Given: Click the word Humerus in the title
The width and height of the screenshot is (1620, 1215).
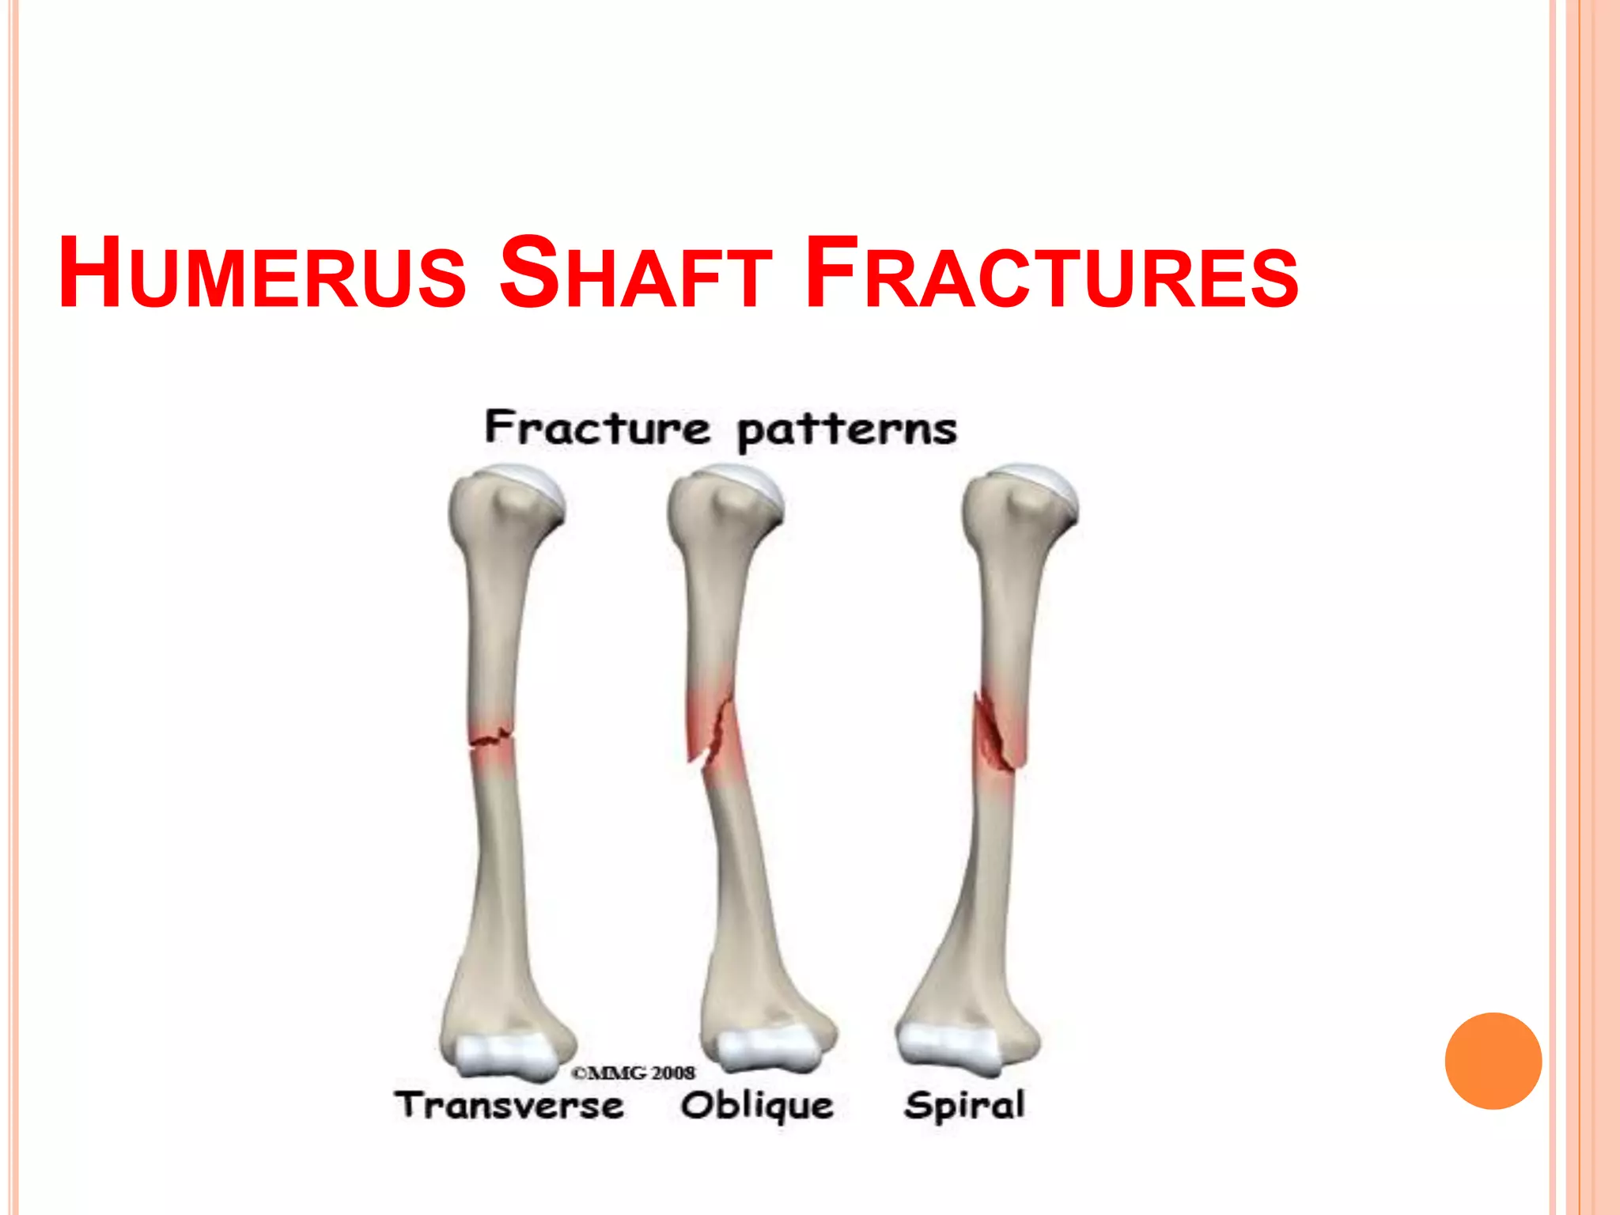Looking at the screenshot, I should [x=262, y=273].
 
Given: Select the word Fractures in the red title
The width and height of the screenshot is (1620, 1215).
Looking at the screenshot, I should [x=1051, y=273].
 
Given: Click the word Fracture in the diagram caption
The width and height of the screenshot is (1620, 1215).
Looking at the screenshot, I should [x=597, y=428].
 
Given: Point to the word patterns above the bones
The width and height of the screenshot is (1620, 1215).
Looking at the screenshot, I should [x=846, y=431].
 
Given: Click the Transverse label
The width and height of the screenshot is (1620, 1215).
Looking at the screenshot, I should [x=509, y=1105].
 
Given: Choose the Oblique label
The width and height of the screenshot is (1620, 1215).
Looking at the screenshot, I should [x=757, y=1106].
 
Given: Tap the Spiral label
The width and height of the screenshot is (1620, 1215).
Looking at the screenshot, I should [x=964, y=1105].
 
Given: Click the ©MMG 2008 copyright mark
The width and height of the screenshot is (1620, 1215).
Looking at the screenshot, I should [x=633, y=1073].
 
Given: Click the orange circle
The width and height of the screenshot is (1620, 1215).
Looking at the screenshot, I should [x=1493, y=1061].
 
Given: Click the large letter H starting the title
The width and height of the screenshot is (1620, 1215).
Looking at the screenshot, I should [x=89, y=273].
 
